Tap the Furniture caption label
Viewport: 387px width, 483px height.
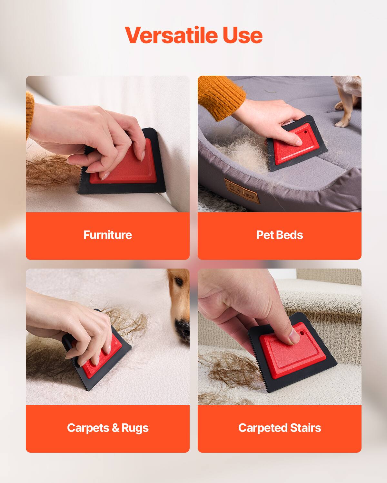107,235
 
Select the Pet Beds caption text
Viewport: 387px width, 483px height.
279,235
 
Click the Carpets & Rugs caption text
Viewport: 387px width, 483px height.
107,428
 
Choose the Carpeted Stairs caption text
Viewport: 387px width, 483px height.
279,428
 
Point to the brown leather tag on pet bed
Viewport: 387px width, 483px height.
241,191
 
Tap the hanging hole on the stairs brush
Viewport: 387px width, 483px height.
302,332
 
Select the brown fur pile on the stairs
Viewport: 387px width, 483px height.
226,370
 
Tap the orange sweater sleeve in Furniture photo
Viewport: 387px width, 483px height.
30,116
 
